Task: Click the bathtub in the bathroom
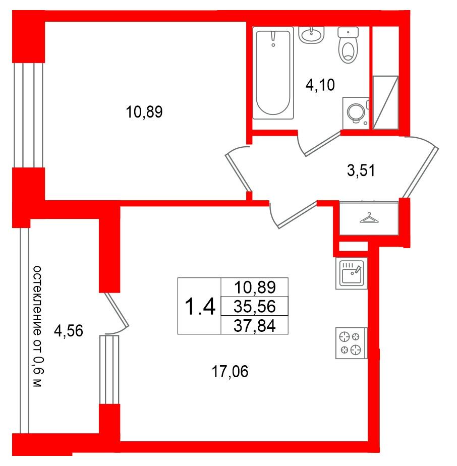(x=273, y=73)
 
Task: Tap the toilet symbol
(x=348, y=45)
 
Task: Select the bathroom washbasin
(x=311, y=35)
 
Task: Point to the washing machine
(x=356, y=113)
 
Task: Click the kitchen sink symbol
(x=352, y=273)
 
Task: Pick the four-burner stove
(x=352, y=343)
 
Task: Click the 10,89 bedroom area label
(x=144, y=112)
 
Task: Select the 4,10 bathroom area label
(x=320, y=85)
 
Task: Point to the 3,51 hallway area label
(x=361, y=170)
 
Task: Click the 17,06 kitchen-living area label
(x=230, y=372)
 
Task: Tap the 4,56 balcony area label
(x=69, y=331)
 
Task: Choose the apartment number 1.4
(x=200, y=307)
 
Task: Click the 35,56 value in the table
(x=255, y=307)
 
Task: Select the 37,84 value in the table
(x=255, y=326)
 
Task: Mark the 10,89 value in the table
(x=255, y=287)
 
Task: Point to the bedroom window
(x=28, y=115)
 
